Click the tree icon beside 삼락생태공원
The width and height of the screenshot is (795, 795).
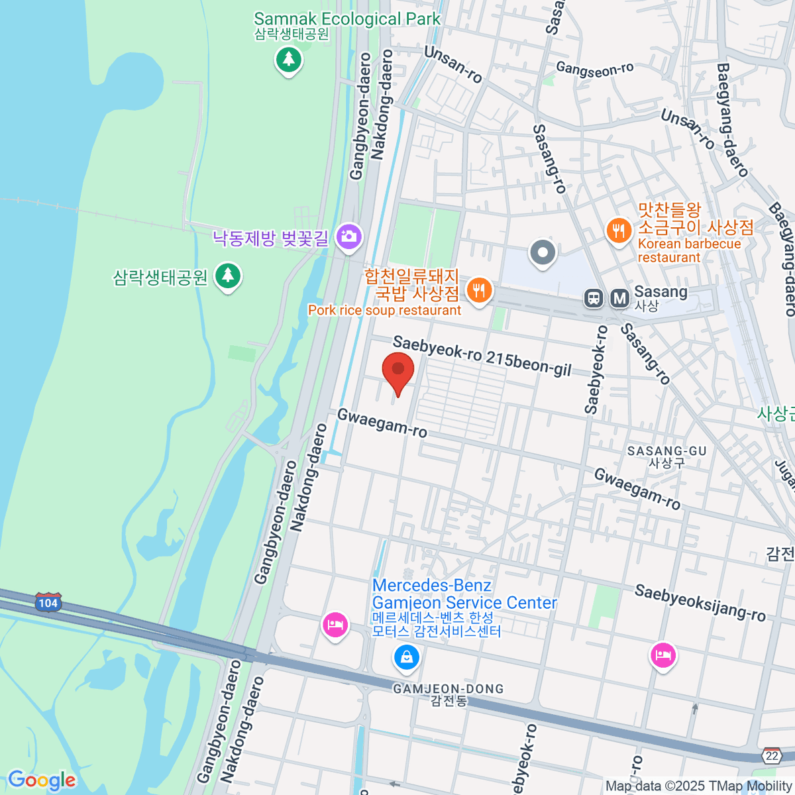(228, 275)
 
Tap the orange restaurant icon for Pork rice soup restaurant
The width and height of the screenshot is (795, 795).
(478, 291)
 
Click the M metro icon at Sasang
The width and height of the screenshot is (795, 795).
(620, 298)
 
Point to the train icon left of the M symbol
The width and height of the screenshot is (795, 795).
(594, 298)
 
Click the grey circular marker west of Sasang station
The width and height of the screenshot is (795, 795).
(543, 252)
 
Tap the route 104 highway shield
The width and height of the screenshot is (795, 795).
(48, 603)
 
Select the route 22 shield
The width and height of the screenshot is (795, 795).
(771, 756)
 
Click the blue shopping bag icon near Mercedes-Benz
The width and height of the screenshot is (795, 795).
(406, 657)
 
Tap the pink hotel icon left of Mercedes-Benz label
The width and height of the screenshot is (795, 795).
(335, 625)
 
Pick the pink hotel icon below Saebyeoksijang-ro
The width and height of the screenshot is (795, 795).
(662, 656)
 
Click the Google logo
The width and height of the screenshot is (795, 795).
(41, 780)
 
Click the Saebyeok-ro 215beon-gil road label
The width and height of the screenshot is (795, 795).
(482, 356)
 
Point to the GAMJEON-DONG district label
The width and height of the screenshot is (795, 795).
(449, 689)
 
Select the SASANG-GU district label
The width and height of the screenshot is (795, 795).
(666, 451)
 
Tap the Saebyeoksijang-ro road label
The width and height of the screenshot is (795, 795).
(700, 603)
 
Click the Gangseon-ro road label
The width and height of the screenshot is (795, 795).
(594, 69)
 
